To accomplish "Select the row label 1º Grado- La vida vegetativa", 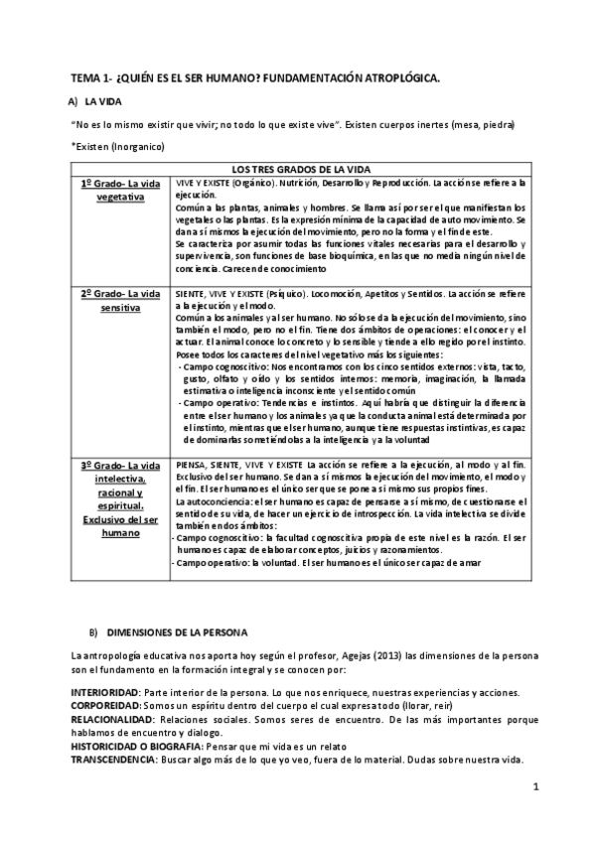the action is click(120, 191).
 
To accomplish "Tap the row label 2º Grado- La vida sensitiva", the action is click(120, 302).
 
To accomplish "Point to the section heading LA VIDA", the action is click(103, 101).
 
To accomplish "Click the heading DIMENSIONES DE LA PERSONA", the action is click(177, 631).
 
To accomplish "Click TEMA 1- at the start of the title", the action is click(91, 76).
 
